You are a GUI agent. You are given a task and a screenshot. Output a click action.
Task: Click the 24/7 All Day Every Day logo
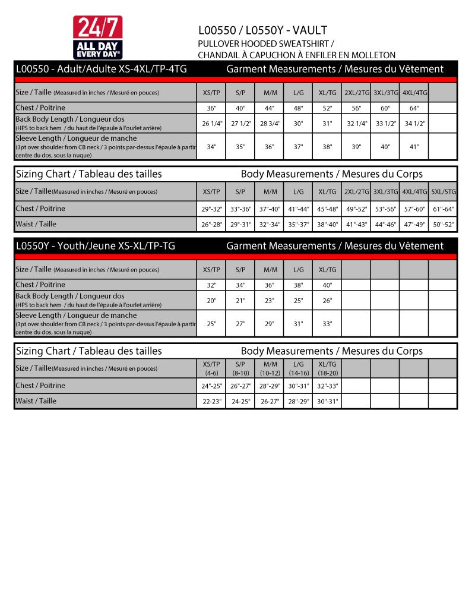coord(98,37)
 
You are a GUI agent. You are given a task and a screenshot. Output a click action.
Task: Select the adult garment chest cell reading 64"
coord(414,108)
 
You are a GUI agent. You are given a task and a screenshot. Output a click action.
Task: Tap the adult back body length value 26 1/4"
coord(211,124)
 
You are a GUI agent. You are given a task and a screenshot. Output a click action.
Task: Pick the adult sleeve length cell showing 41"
coord(414,147)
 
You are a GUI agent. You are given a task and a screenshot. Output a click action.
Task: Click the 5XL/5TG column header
coord(444,192)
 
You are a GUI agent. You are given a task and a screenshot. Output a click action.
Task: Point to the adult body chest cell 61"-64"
coord(444,209)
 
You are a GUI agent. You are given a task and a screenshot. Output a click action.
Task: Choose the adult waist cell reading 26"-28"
coord(211,225)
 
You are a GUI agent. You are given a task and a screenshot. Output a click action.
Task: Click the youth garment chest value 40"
coord(327,285)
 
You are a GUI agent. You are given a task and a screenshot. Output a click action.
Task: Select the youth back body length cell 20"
coord(211,301)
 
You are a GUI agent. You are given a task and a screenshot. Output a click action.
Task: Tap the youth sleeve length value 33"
coord(327,324)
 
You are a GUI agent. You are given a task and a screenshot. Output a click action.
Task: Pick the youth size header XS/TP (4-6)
coord(211,368)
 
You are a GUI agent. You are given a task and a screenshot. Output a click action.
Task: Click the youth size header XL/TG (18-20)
coord(327,368)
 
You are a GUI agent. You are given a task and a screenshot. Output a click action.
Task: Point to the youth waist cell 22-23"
coord(211,401)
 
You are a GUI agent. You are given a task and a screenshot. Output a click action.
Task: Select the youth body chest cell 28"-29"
coord(270,386)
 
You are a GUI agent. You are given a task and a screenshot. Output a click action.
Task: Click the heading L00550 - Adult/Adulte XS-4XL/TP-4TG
coord(101,69)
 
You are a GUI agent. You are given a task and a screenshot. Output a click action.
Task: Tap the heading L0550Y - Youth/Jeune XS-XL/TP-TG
coord(95,246)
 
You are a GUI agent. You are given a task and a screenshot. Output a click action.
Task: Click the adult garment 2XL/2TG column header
coord(357,93)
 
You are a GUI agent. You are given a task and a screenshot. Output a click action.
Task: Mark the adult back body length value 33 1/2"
coord(385,124)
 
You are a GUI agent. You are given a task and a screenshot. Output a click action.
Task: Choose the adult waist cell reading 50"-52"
coord(444,225)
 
